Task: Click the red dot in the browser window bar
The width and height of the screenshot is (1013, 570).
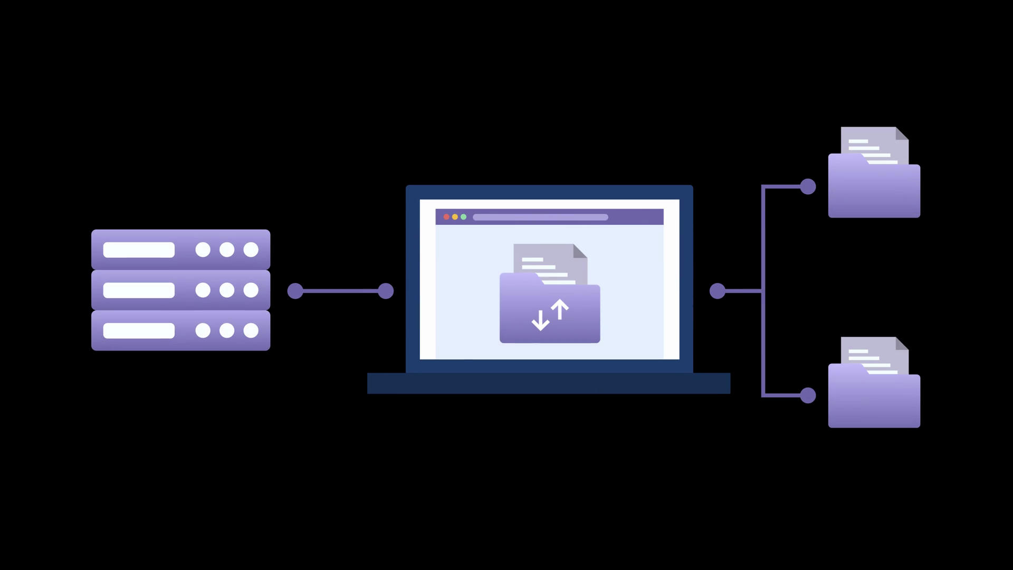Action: point(446,217)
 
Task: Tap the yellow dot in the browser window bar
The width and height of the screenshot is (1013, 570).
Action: point(455,217)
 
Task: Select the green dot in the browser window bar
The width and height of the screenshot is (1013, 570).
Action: point(463,217)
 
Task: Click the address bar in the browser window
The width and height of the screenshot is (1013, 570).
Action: point(540,217)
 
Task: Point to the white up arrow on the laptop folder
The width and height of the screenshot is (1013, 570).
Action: point(560,309)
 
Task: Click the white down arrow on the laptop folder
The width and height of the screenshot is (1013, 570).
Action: point(540,320)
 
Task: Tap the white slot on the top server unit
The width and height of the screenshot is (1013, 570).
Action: point(139,250)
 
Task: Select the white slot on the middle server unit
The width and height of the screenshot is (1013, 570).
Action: point(139,290)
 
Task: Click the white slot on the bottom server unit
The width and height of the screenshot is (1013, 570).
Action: point(139,330)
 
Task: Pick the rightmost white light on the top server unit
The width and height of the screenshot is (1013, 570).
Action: point(251,250)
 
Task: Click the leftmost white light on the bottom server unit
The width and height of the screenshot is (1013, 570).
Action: point(203,330)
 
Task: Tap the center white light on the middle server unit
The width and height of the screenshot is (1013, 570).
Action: point(227,290)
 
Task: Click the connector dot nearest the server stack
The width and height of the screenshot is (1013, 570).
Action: point(295,291)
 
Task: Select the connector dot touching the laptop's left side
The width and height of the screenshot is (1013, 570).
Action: point(386,291)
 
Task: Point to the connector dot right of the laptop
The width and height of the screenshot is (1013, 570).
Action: point(718,291)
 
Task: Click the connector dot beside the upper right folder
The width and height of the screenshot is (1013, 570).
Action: point(808,186)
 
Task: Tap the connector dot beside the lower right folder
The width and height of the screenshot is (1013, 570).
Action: point(808,395)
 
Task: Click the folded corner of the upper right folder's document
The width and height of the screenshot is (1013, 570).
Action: point(902,134)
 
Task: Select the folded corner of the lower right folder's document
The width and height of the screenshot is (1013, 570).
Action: point(902,344)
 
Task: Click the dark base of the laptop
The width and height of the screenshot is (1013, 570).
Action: point(549,383)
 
